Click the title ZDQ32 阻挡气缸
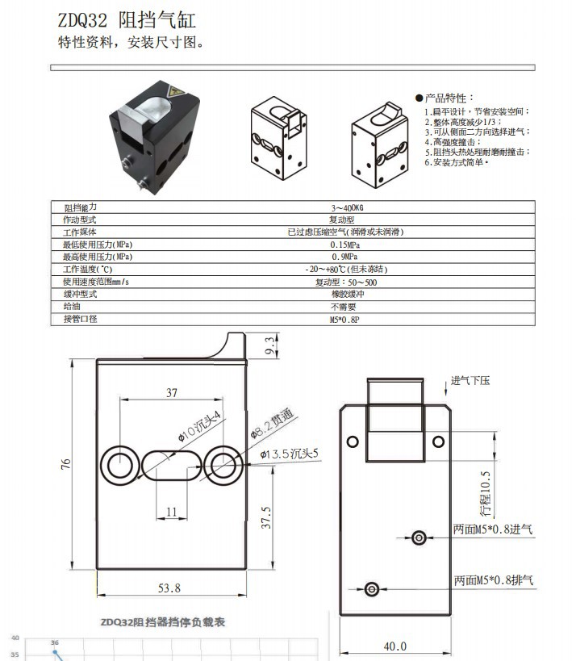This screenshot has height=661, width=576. (x=127, y=20)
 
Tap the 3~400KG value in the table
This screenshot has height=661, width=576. (x=342, y=207)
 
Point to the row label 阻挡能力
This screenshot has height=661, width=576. (x=81, y=207)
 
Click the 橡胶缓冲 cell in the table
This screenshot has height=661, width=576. (x=343, y=295)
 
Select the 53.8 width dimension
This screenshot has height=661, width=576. (x=170, y=588)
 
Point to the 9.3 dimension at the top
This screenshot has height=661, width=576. (x=269, y=346)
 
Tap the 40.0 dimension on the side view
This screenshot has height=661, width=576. (x=394, y=646)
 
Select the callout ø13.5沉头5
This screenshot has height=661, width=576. (x=290, y=454)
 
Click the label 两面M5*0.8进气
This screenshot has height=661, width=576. (x=493, y=530)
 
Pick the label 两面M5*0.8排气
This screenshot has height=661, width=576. (x=493, y=579)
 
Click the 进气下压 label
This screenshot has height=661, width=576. (x=470, y=381)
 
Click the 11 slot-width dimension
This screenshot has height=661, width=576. (x=171, y=512)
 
